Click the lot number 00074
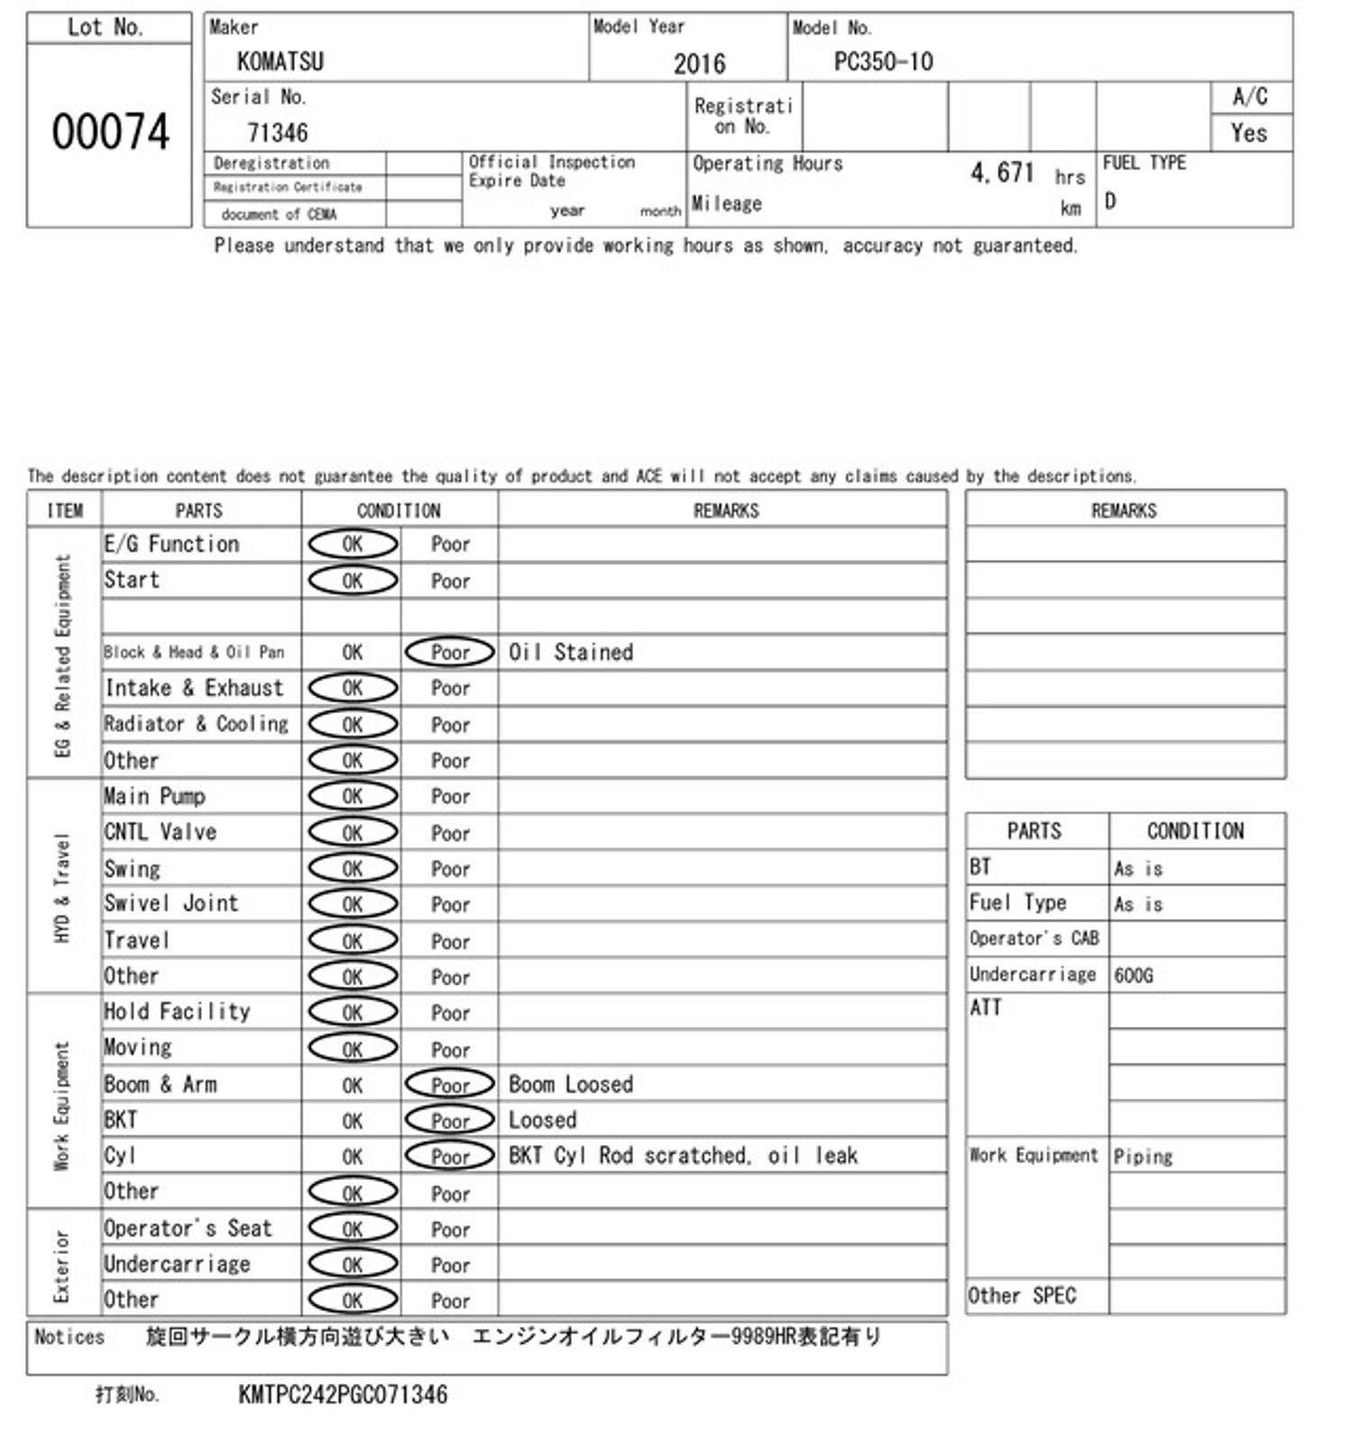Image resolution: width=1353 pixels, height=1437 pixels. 110,133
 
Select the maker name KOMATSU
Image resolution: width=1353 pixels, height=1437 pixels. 280,61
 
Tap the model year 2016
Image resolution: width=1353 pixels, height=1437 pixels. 699,63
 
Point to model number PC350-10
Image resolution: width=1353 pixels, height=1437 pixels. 883,61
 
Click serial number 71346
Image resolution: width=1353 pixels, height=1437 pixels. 278,133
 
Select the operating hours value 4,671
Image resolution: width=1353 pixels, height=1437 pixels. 1001,172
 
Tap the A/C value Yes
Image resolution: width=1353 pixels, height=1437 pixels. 1248,133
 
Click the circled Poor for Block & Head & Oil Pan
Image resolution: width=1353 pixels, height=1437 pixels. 450,652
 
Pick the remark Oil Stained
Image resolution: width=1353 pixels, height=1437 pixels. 571,652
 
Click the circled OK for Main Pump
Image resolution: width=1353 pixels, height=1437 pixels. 353,796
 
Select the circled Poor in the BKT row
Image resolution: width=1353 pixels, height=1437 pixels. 450,1120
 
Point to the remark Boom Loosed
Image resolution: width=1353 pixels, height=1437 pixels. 571,1084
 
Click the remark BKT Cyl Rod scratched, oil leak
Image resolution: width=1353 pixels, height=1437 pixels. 683,1156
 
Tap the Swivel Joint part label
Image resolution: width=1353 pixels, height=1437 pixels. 171,903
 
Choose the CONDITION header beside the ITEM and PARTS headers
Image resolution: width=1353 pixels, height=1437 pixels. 399,510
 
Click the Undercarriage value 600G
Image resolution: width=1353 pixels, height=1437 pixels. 1133,975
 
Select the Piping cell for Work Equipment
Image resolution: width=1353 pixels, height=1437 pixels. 1143,1156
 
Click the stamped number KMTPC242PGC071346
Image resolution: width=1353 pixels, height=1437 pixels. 343,1395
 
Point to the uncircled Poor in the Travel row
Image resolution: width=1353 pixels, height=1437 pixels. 450,941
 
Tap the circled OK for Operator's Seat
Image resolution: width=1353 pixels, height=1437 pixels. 353,1229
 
